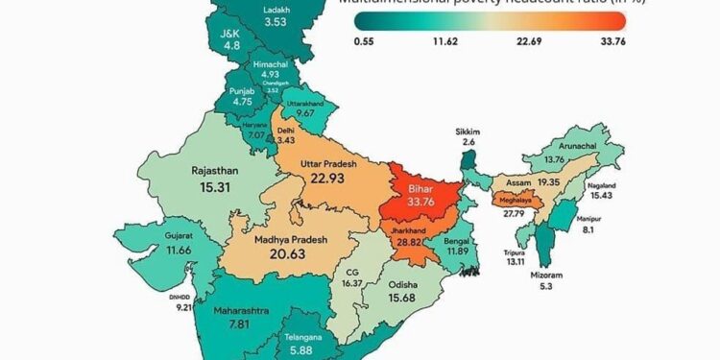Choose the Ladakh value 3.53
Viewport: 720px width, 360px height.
276,22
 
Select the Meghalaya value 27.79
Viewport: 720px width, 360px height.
517,227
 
